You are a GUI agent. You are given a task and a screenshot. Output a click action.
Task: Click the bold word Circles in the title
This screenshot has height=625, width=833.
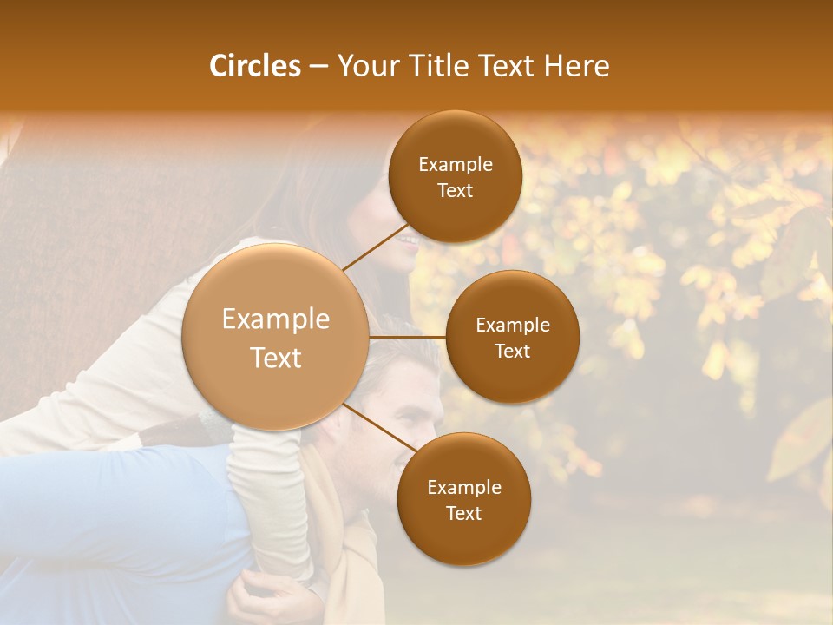pos(254,66)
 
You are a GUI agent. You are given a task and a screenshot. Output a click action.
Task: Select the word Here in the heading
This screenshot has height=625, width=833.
pos(576,66)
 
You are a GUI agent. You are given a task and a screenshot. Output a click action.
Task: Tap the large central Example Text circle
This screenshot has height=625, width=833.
pos(276,337)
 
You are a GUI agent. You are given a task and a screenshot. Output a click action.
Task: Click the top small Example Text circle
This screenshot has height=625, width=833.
pos(455,177)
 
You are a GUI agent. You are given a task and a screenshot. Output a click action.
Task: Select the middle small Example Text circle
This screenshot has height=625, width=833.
pos(512,337)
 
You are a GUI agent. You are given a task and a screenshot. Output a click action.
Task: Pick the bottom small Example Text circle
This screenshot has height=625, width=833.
pos(463,499)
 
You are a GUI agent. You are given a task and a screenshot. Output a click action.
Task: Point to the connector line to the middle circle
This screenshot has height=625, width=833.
pos(408,337)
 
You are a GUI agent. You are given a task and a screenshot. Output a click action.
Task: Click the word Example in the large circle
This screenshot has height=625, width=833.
pos(276,319)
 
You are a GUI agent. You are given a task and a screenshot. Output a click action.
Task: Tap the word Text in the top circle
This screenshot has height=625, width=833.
pos(455,191)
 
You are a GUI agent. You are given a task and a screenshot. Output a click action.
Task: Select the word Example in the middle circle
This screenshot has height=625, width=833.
pos(512,326)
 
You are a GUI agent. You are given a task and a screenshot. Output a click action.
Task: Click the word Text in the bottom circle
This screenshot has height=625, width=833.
pos(463,513)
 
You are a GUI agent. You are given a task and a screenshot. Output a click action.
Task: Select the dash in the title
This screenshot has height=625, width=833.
pos(318,66)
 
